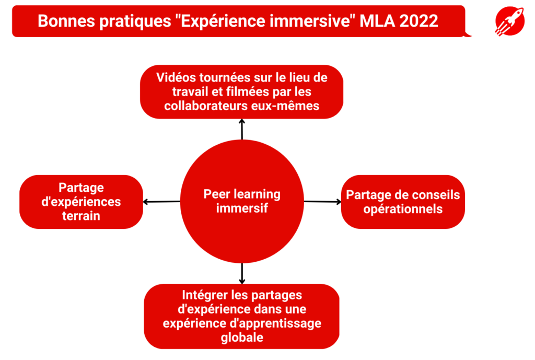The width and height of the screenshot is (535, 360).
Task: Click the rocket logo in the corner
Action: tap(510, 21)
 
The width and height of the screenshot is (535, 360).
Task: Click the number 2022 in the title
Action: tap(418, 21)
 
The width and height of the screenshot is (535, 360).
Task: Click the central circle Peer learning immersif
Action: tap(242, 201)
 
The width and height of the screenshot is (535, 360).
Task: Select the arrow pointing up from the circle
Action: tap(242, 130)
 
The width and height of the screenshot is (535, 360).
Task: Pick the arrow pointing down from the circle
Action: tap(242, 274)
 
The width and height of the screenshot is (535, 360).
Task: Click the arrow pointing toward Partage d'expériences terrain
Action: tap(161, 202)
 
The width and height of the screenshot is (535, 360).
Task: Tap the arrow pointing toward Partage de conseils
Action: tap(322, 202)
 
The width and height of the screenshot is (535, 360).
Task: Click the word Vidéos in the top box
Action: tap(176, 78)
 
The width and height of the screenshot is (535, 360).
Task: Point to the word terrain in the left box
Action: tap(81, 216)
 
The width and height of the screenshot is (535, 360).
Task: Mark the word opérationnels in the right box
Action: tap(403, 209)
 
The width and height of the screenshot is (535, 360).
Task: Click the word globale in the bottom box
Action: tap(242, 338)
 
